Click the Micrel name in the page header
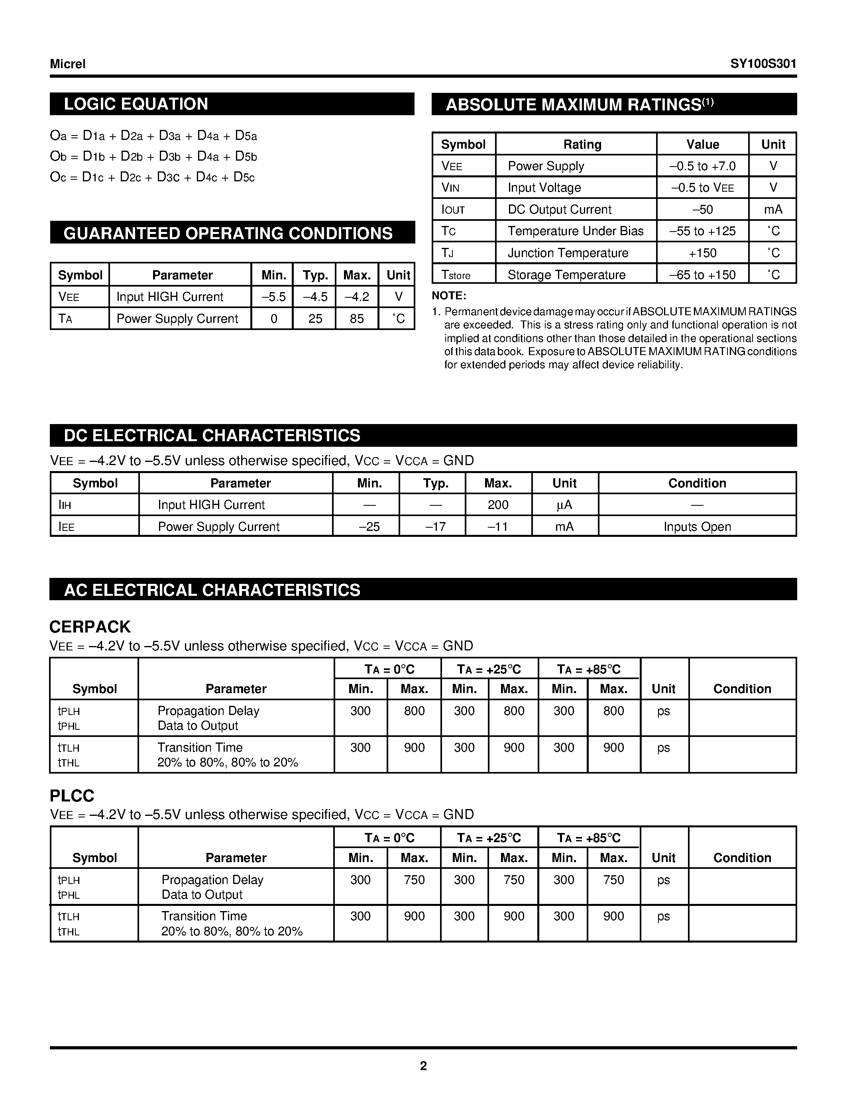tap(68, 64)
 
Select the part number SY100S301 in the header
tap(763, 64)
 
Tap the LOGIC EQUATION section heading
tap(136, 104)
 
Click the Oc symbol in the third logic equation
tap(58, 177)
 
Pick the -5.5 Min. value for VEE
tap(273, 297)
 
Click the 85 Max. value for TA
tap(357, 319)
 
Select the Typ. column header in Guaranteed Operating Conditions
tap(315, 275)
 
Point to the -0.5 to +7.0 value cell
tap(702, 166)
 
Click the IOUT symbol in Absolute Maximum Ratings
tap(453, 210)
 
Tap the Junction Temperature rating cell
tap(568, 253)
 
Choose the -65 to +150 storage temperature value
tap(702, 275)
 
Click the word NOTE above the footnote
tap(448, 296)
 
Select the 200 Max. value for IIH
tap(498, 505)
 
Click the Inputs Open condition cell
tap(697, 526)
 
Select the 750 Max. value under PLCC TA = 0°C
tap(414, 880)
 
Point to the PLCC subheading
tap(72, 796)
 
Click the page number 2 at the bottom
tap(423, 1066)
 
